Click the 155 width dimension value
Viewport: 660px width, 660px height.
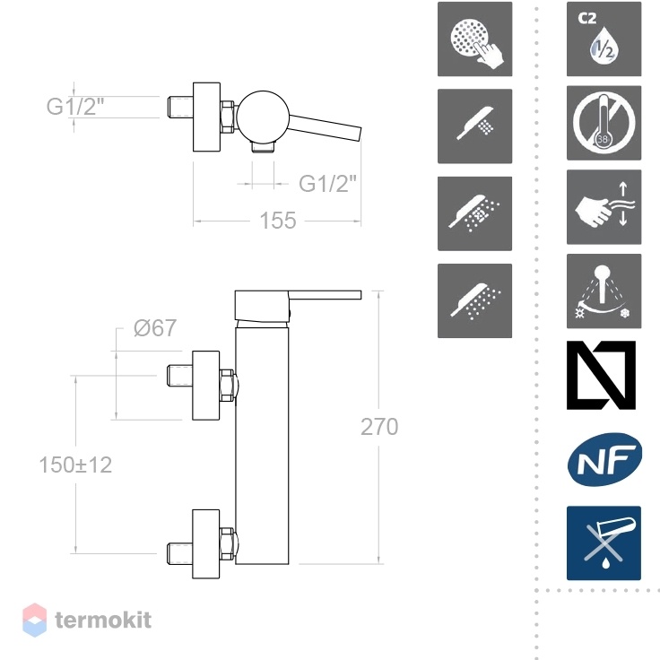click(278, 220)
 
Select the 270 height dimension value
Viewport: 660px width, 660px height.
click(379, 426)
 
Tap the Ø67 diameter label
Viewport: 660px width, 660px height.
click(155, 328)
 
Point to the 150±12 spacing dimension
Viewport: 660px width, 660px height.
click(75, 465)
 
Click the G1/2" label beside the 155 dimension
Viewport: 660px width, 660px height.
click(327, 183)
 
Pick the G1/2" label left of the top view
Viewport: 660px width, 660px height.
click(75, 106)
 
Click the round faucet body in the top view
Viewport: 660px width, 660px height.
click(263, 117)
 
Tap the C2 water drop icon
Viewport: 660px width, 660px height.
click(604, 39)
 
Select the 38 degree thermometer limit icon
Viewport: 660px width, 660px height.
click(604, 123)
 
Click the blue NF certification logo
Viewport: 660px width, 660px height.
click(604, 459)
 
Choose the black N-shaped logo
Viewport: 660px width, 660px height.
click(601, 375)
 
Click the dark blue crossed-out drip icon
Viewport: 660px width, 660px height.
click(604, 543)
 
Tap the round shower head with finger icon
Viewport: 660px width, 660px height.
click(474, 39)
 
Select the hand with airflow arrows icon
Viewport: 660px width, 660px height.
click(604, 207)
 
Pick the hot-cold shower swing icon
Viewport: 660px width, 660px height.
click(604, 291)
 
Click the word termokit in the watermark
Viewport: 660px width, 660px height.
click(103, 620)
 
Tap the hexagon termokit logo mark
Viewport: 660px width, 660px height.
click(34, 620)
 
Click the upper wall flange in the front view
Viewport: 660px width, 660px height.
click(206, 385)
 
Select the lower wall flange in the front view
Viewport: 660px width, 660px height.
click(206, 543)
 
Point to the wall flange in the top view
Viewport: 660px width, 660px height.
click(206, 117)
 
